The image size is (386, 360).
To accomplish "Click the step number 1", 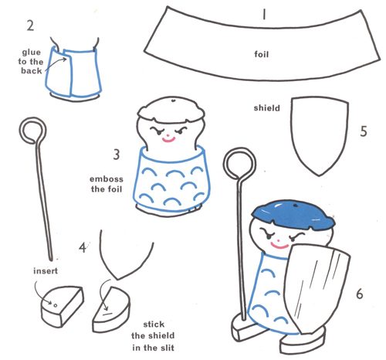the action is (x=264, y=14).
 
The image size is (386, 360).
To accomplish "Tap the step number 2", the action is (x=30, y=25).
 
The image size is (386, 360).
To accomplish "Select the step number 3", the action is (x=117, y=155).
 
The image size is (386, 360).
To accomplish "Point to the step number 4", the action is (x=83, y=247).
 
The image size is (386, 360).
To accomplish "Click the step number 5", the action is (x=364, y=131).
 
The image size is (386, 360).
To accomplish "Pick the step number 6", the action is (x=360, y=294).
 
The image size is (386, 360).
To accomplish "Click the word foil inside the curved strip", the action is (x=262, y=54).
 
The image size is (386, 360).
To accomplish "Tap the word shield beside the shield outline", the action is (x=267, y=108).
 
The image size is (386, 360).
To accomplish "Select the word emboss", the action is (x=107, y=179).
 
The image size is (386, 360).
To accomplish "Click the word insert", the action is (x=46, y=270).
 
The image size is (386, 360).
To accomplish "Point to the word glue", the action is (x=32, y=53).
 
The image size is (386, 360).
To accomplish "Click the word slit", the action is (x=164, y=348).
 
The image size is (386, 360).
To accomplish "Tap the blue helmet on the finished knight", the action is (x=293, y=215).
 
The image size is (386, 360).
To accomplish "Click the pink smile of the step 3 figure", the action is (x=168, y=140).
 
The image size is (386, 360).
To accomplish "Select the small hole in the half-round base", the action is (x=55, y=305).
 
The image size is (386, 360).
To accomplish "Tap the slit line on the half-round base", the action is (x=107, y=314).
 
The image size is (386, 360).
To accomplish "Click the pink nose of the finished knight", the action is (x=279, y=240).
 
